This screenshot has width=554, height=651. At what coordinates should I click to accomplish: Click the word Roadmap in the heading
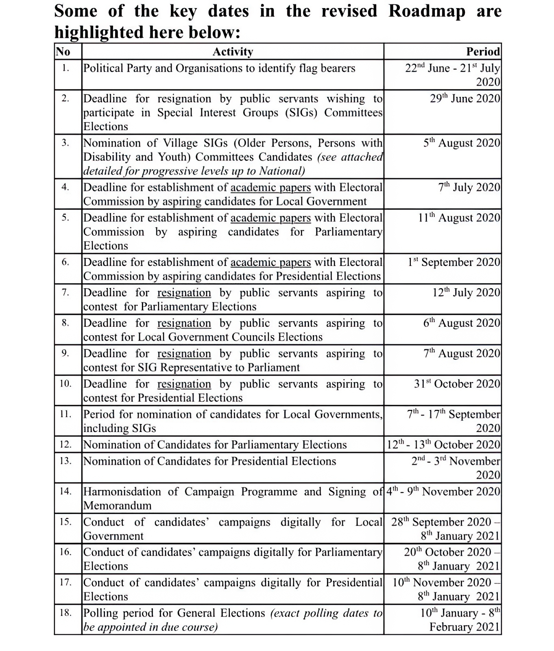tap(427, 11)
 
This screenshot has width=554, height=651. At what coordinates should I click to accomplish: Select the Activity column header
tap(233, 52)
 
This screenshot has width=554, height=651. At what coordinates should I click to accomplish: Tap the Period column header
tap(483, 52)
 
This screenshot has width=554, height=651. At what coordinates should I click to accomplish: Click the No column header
tap(63, 52)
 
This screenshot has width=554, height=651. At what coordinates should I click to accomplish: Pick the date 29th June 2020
tap(465, 99)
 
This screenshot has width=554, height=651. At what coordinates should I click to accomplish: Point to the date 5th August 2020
tap(462, 143)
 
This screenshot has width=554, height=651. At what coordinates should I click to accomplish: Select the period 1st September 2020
tap(454, 262)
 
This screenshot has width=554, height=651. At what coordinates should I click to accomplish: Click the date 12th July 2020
tap(466, 293)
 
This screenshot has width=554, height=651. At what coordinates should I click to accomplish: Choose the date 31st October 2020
tap(457, 384)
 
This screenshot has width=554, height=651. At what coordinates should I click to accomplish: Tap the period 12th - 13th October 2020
tap(443, 445)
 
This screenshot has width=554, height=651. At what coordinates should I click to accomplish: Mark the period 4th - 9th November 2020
tap(443, 492)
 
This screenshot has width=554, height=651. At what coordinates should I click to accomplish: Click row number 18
tap(65, 613)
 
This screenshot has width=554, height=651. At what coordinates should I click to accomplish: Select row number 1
tap(65, 68)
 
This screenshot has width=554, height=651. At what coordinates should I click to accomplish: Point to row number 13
tap(65, 461)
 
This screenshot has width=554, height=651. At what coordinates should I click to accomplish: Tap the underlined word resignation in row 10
tap(184, 384)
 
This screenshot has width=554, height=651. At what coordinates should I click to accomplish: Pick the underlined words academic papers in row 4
tap(270, 188)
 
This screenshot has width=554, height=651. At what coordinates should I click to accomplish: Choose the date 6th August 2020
tap(462, 323)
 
